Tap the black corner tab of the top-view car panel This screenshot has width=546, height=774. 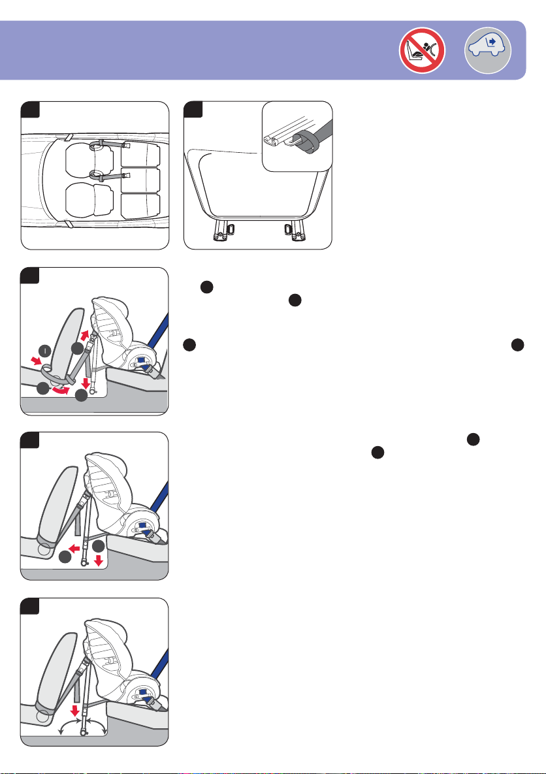[30, 109]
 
